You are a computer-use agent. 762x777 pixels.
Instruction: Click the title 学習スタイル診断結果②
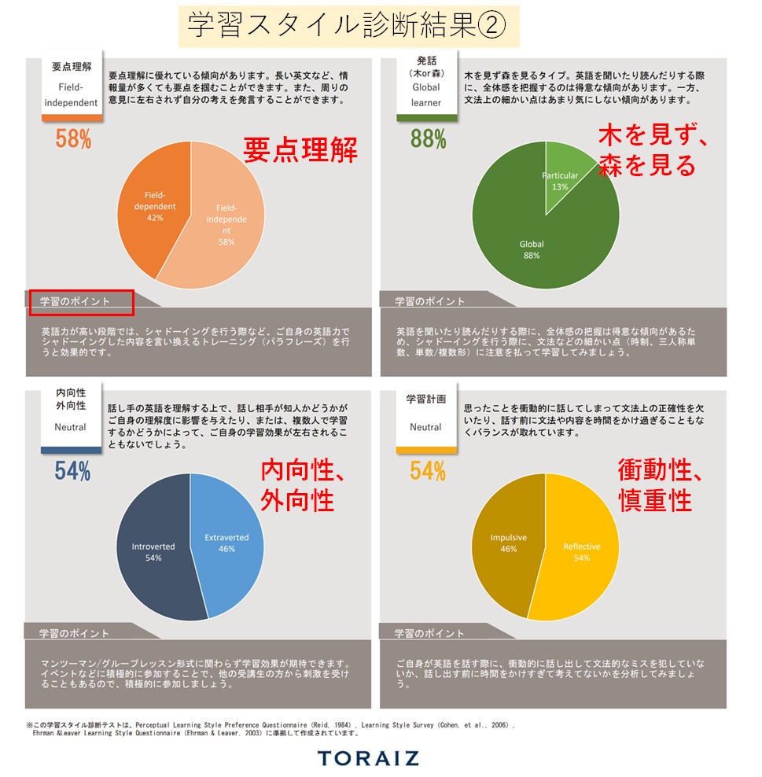[x=348, y=27]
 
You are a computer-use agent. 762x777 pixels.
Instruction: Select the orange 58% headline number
[x=73, y=139]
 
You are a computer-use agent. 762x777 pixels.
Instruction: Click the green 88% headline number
[x=429, y=139]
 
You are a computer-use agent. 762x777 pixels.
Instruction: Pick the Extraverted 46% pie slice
[x=228, y=543]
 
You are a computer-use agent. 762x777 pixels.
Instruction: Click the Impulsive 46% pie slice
[x=507, y=543]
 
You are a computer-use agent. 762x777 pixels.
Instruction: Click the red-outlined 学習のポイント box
[x=82, y=301]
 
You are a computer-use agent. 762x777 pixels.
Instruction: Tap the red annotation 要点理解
[x=300, y=150]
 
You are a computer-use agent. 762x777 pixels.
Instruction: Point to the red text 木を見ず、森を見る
[x=653, y=151]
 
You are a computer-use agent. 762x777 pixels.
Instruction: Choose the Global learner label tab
[x=426, y=87]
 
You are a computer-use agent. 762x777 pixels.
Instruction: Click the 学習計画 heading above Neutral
[x=425, y=399]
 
